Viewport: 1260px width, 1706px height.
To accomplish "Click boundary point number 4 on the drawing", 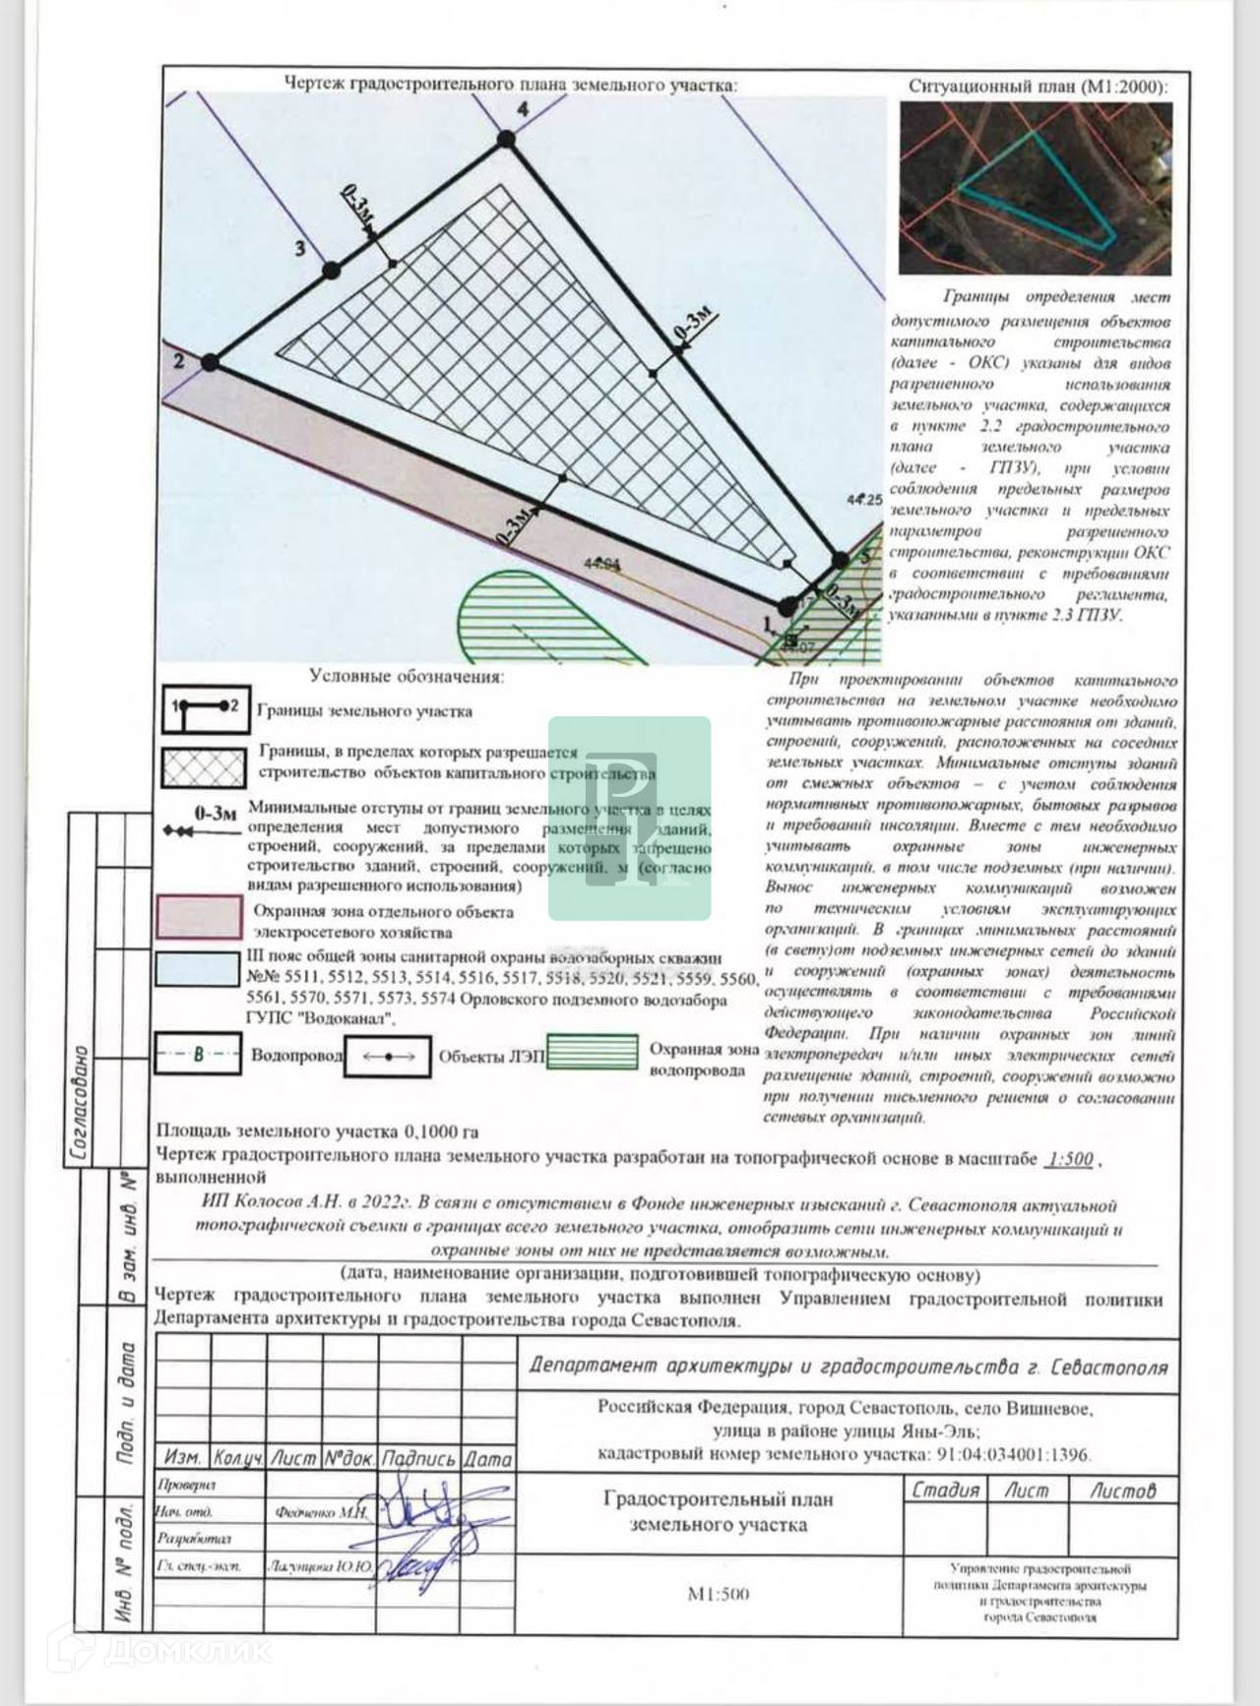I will (x=506, y=140).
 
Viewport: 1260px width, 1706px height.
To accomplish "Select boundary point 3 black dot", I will (x=331, y=268).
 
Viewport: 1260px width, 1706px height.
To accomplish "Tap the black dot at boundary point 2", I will (x=210, y=363).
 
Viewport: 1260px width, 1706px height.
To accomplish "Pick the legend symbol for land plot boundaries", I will (x=205, y=709).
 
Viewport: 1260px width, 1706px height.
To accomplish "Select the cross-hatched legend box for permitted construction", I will (x=204, y=766).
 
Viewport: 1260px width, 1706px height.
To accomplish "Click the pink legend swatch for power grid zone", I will (x=199, y=917).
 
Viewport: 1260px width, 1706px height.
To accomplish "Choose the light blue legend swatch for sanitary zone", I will (x=198, y=969).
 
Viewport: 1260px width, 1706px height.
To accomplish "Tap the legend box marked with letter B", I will (x=198, y=1056).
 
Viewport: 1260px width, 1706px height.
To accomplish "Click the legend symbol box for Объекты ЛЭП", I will (x=387, y=1057).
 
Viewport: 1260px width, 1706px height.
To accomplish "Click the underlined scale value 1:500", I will (x=1070, y=1159).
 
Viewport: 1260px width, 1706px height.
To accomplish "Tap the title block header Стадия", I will (x=945, y=1491).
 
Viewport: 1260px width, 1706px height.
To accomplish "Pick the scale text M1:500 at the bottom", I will (x=718, y=1593).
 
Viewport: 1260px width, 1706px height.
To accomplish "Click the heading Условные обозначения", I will (x=406, y=677).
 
